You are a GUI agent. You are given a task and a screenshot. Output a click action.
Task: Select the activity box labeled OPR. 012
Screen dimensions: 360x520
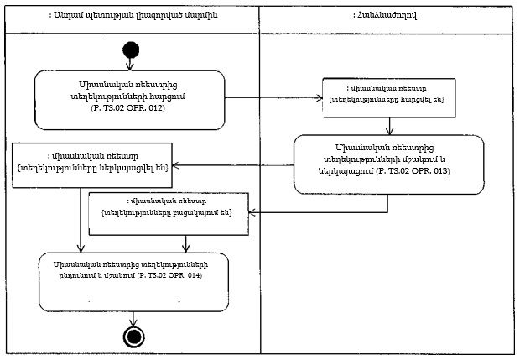click(130, 100)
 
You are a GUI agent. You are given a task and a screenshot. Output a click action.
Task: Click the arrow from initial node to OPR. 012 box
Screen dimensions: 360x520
click(130, 65)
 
